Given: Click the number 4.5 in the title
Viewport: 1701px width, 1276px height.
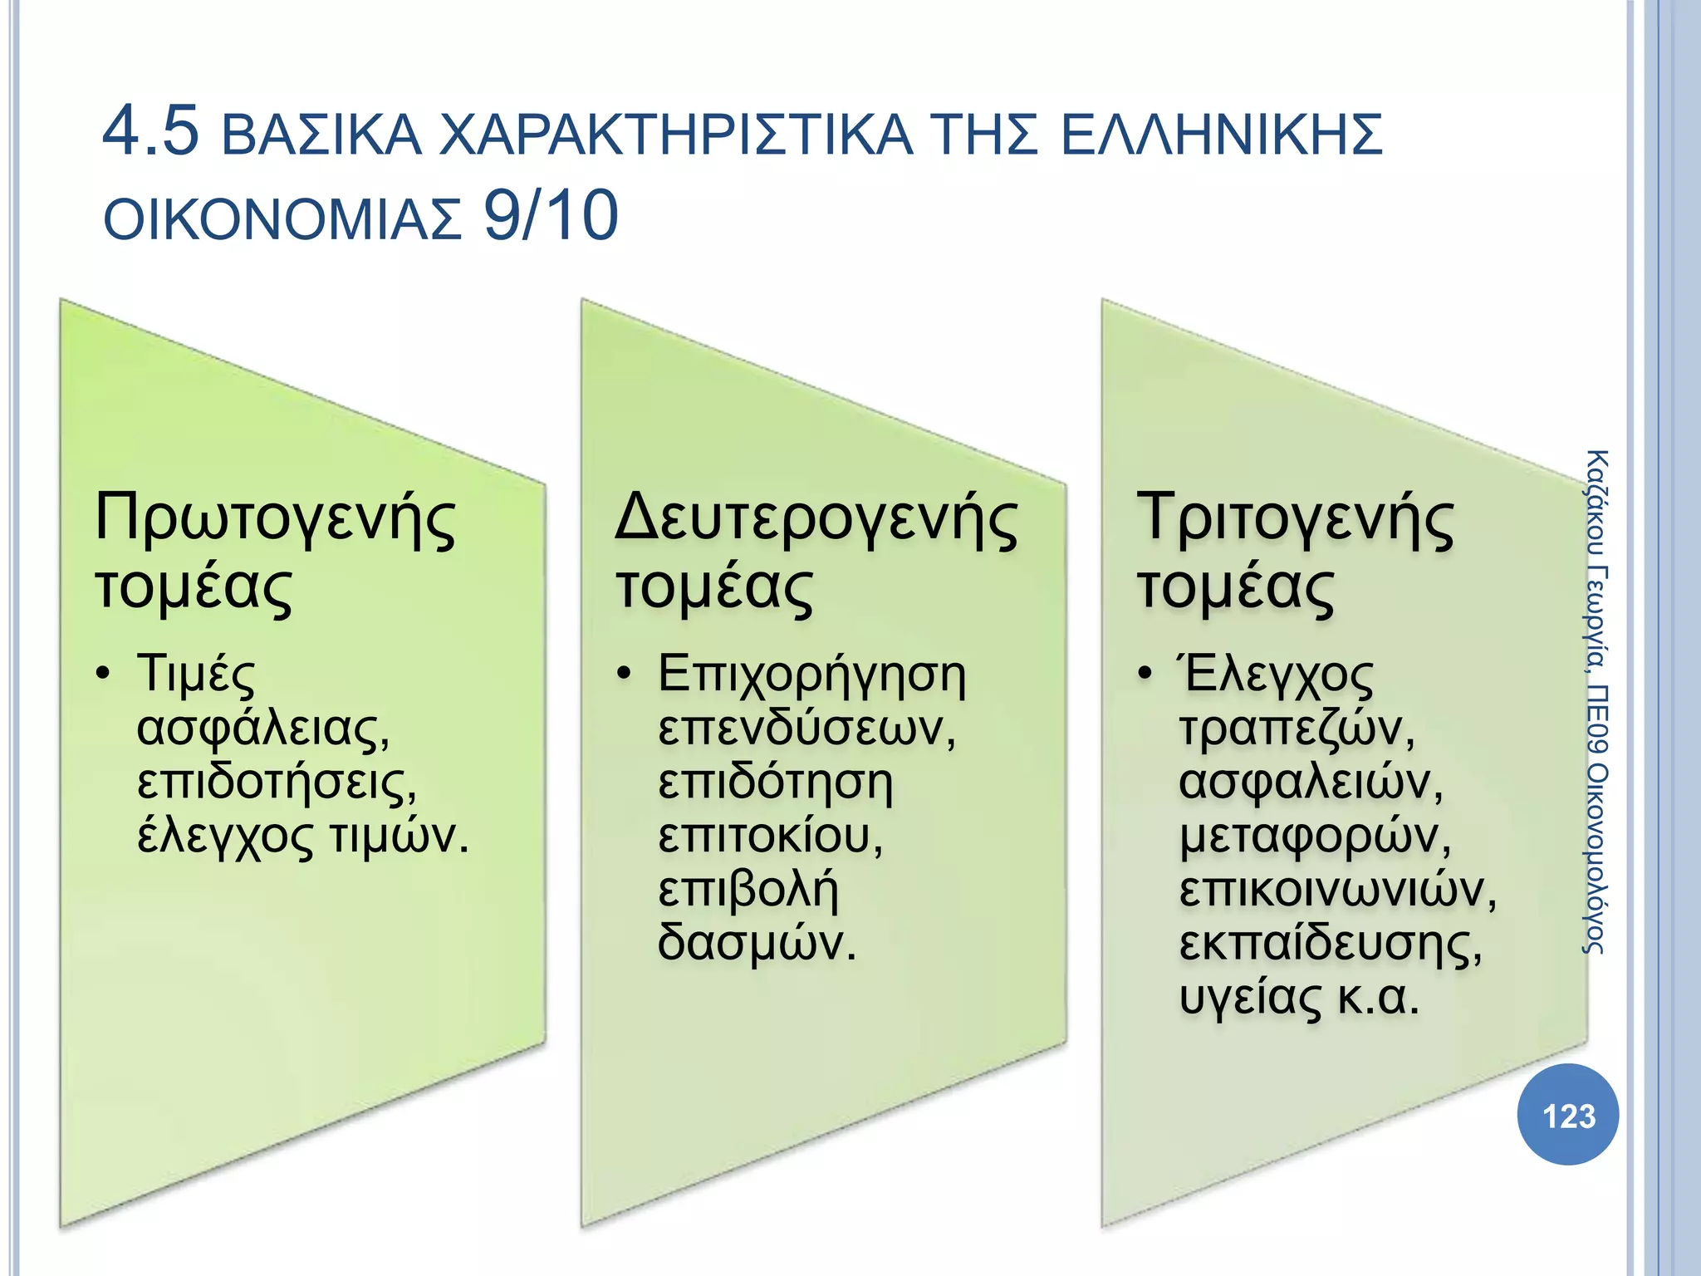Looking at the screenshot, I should [151, 131].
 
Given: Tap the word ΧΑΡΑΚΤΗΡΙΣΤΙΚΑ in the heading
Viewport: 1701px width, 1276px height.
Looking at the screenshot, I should [675, 135].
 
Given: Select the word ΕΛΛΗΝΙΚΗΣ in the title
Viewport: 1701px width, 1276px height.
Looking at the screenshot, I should [1222, 135].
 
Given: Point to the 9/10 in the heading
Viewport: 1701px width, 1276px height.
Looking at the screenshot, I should [551, 216].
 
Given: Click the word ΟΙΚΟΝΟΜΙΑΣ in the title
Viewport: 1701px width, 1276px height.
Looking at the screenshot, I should [282, 219].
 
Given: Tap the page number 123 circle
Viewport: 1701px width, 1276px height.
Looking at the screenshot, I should [1568, 1115].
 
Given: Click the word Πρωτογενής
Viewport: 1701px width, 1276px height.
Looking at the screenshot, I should [275, 519].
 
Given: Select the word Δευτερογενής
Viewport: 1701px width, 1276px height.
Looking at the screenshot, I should [816, 519].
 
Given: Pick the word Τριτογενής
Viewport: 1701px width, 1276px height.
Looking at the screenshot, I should [1295, 519].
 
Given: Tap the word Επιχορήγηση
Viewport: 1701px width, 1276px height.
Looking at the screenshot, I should [811, 675].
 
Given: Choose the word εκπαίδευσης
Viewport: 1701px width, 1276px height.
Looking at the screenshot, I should [1330, 945].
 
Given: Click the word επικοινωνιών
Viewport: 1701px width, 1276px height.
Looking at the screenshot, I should [1337, 890].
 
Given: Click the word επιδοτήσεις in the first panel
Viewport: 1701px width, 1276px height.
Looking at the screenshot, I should [277, 783].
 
